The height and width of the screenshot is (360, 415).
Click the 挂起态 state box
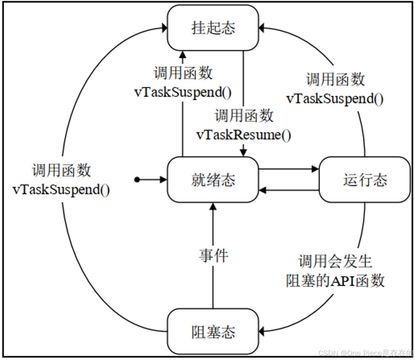[213, 28]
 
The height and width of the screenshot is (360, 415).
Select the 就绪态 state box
[213, 180]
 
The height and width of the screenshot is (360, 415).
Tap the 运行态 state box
[365, 180]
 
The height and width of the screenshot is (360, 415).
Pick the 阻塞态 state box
[213, 332]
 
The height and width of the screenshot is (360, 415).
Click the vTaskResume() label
[244, 135]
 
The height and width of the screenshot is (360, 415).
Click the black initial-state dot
[137, 180]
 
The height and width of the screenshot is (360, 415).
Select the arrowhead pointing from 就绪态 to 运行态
[315, 169]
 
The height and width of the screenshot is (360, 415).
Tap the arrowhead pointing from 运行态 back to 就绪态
[262, 190]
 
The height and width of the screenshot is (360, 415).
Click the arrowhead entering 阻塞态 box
[262, 331]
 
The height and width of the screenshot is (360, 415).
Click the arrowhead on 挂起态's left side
[164, 28]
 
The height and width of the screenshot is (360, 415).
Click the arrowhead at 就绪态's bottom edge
[213, 206]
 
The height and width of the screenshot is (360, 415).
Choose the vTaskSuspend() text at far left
[61, 190]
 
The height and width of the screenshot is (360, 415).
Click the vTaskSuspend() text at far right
[335, 99]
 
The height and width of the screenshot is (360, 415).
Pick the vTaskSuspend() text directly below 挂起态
[183, 92]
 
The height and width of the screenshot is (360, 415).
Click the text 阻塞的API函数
[335, 281]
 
